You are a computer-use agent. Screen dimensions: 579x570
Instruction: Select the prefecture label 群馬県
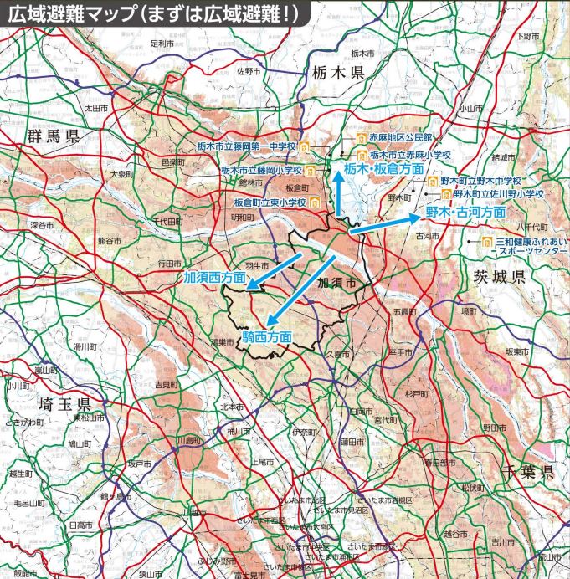(52, 136)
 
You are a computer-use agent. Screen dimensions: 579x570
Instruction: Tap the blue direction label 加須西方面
(215, 276)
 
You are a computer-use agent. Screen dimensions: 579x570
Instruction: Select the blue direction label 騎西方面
(267, 336)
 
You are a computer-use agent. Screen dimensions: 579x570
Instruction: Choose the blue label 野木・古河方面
(465, 212)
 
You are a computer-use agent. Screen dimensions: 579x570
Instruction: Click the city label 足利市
(162, 42)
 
